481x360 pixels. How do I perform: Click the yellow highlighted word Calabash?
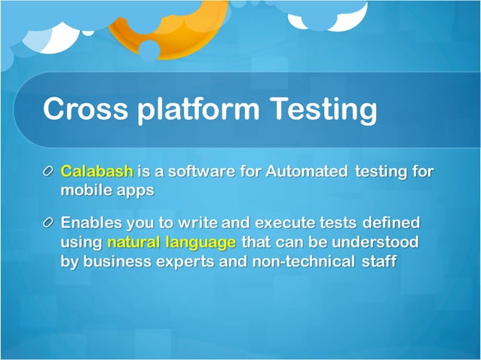[x=96, y=172]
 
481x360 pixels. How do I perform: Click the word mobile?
[x=85, y=191]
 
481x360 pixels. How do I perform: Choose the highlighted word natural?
[x=132, y=243]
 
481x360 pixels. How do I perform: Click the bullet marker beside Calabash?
[x=49, y=172]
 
